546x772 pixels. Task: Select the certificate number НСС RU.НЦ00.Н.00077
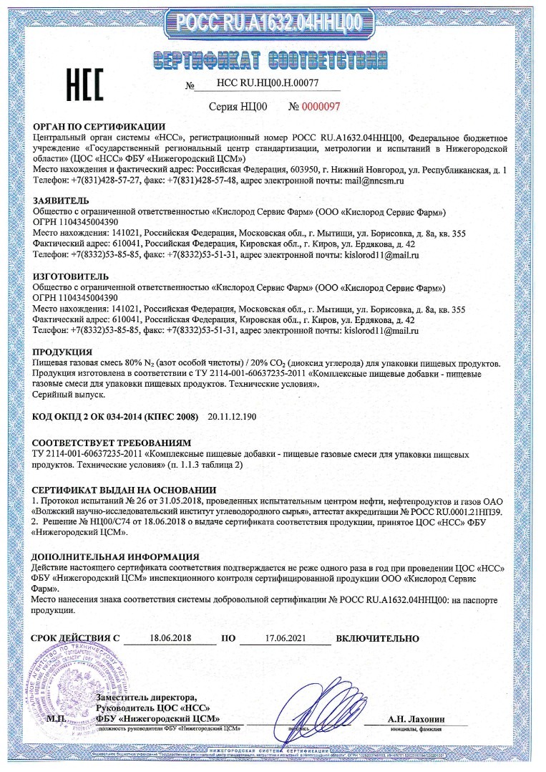tap(257, 83)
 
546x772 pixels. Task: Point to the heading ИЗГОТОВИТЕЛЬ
tap(71, 276)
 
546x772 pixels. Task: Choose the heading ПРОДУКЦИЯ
tap(63, 352)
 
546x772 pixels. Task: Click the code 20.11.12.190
tap(233, 416)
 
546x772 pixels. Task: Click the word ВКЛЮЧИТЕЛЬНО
tap(376, 638)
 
